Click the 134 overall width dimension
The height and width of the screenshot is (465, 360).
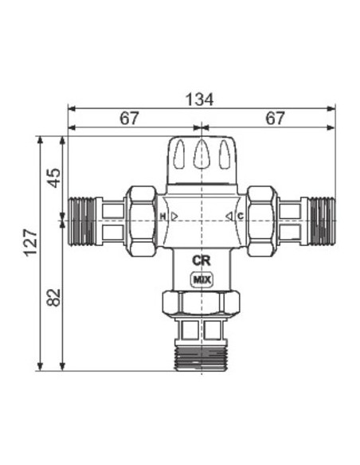(199, 100)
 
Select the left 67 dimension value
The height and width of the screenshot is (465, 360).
(129, 119)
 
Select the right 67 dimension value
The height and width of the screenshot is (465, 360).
(275, 119)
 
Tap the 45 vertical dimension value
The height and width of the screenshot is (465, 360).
(54, 178)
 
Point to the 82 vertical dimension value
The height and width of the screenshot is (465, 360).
(54, 298)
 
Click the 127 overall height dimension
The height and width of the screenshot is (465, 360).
(31, 242)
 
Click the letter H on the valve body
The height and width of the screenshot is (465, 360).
(162, 217)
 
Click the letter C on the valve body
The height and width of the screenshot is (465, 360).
(241, 217)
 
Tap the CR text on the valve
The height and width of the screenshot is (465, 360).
(202, 260)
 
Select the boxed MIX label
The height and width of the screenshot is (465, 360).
(202, 279)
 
